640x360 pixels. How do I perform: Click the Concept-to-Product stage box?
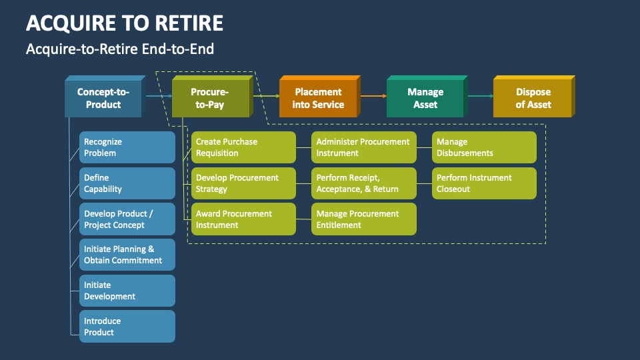point(103,99)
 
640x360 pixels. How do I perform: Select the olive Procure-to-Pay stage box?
point(210,99)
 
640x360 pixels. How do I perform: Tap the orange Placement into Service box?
point(318,99)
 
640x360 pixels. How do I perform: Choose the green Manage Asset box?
point(425,99)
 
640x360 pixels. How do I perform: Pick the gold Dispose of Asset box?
point(533,99)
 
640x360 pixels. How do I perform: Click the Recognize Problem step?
point(127,147)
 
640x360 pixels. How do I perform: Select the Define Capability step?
point(127,183)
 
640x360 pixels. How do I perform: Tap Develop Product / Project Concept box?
point(127,219)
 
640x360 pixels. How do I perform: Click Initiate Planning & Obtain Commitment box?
point(127,255)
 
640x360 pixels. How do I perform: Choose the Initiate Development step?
point(127,291)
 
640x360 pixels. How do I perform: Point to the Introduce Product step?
point(127,327)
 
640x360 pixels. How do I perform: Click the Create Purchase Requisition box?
point(243,147)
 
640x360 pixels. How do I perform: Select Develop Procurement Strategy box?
point(243,183)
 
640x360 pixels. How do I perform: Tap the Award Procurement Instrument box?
point(243,219)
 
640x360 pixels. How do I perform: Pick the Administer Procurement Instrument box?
point(364,147)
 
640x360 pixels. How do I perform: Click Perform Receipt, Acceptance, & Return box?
point(364,183)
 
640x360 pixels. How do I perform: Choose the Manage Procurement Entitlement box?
point(364,219)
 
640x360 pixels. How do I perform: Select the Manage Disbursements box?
point(484,147)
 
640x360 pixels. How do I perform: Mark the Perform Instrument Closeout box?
point(484,183)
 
